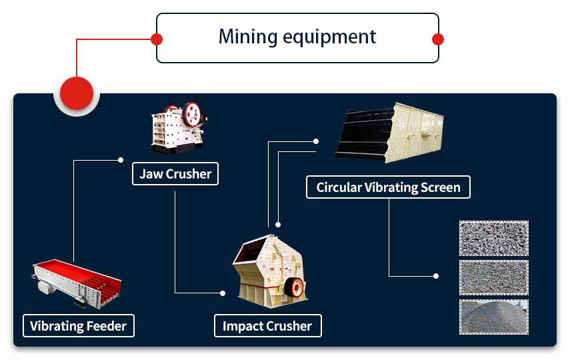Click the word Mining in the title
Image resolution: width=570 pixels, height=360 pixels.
coord(247,37)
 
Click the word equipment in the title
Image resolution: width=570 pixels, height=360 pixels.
coord(329,37)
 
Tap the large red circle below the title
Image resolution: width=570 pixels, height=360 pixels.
coord(77,93)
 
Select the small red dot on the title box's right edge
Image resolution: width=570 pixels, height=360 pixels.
coord(438,39)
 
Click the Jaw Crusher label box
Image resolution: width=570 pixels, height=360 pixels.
coord(175,174)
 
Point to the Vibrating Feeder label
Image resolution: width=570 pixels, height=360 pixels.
coord(79,326)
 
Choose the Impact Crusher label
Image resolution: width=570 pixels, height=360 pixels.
coord(267,326)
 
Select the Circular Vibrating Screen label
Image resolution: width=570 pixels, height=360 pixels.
coord(388,187)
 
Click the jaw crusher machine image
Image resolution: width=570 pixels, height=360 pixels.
coord(179,128)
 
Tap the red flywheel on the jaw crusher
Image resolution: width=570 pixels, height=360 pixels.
coord(192,114)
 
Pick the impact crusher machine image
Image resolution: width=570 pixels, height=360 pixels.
coord(269,271)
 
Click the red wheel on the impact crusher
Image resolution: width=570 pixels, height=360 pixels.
coord(295,287)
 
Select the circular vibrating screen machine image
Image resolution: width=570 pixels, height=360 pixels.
coord(389,133)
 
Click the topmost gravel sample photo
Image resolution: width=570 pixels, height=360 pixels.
coord(493,239)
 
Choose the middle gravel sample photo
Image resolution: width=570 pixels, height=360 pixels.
coord(493,277)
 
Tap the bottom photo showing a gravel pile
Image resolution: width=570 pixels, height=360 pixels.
coord(493,317)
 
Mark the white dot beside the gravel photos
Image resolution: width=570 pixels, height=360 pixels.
coord(436,276)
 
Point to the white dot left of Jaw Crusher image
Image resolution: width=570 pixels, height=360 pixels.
coord(121,160)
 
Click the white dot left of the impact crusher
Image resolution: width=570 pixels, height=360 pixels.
coord(223,293)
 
